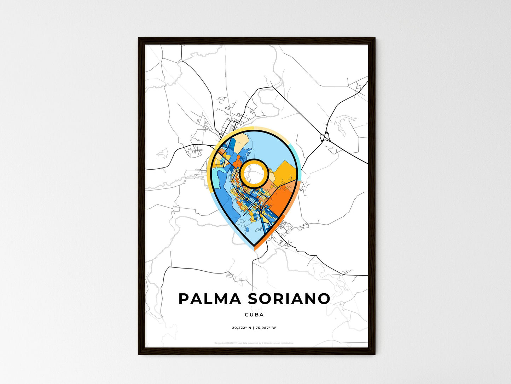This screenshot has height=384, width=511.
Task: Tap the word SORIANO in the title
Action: click(x=289, y=299)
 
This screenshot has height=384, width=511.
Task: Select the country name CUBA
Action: click(x=254, y=315)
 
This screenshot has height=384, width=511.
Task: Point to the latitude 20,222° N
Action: click(x=242, y=328)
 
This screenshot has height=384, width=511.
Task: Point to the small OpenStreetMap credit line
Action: click(x=254, y=343)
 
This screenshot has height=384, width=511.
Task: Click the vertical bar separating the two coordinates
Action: click(x=254, y=328)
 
